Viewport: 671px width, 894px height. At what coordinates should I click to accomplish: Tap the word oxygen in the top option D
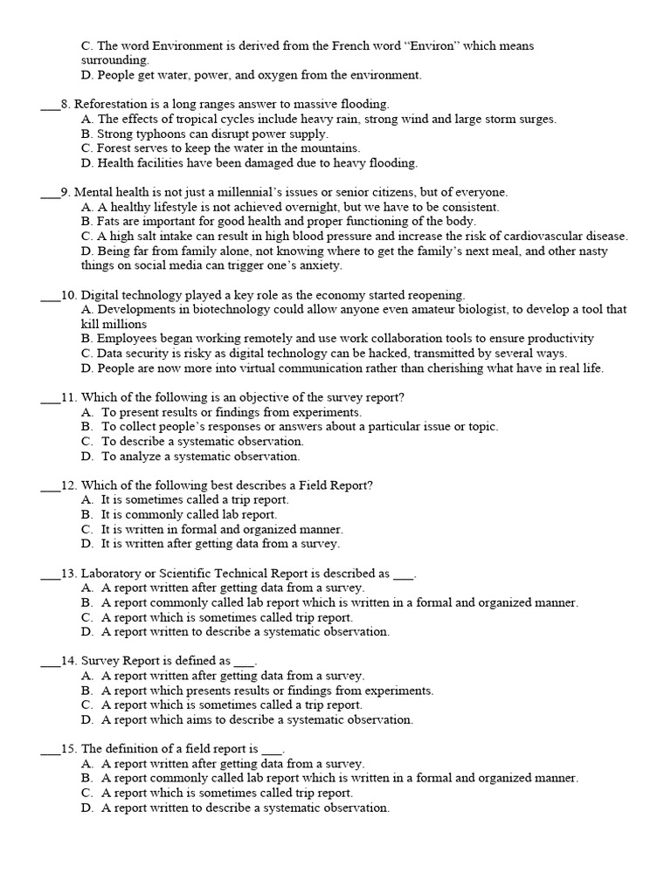pyautogui.click(x=272, y=75)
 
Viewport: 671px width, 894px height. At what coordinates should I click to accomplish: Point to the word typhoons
pyautogui.click(x=156, y=134)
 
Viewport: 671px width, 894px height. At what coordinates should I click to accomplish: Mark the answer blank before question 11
pyautogui.click(x=50, y=398)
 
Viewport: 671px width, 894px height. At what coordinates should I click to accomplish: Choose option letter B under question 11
pyautogui.click(x=86, y=427)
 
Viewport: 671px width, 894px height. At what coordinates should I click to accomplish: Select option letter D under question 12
pyautogui.click(x=86, y=544)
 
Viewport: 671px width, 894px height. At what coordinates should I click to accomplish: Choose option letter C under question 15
pyautogui.click(x=86, y=794)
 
